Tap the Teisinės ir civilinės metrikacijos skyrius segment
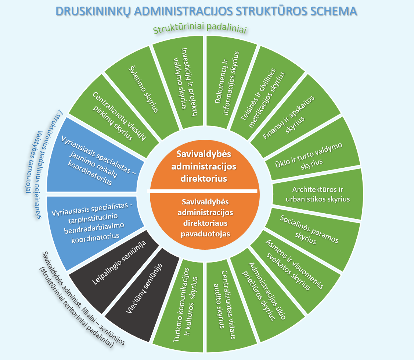click(x=264, y=95)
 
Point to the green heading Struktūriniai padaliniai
click(x=200, y=28)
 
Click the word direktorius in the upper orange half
click(x=204, y=178)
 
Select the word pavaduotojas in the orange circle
click(x=205, y=234)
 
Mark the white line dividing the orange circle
click(x=202, y=191)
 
